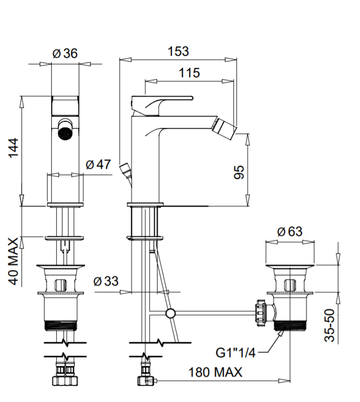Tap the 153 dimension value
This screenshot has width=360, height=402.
pos(178,51)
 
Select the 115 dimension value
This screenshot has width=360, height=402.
pos(189,73)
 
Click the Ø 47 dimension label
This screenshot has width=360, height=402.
pos(98,164)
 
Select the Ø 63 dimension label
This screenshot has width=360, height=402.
pos(289,231)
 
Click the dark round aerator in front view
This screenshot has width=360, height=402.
pos(65,133)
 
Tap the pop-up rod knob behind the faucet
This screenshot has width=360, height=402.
pos(124,169)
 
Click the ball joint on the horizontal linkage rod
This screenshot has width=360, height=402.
pos(170,313)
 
